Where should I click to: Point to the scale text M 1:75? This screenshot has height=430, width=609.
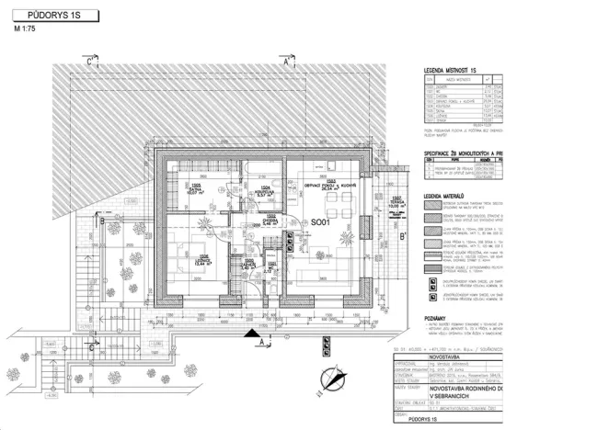(x=27, y=31)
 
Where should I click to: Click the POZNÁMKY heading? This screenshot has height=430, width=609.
(x=436, y=317)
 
